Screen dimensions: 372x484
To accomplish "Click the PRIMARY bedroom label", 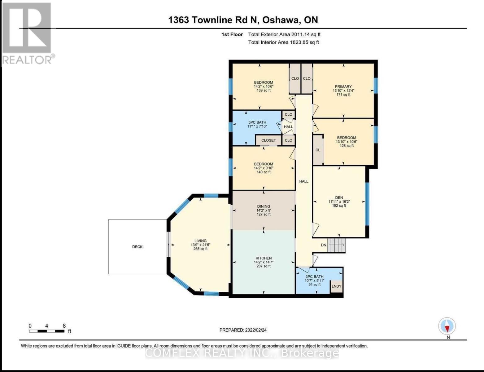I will tap(343, 86).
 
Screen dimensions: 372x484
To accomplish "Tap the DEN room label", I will tap(339, 197).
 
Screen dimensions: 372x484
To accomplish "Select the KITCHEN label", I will tap(264, 258).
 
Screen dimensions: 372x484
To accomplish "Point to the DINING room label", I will tap(264, 206).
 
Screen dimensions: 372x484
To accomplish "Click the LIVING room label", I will tap(200, 241).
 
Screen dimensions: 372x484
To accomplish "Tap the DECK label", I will tap(137, 247).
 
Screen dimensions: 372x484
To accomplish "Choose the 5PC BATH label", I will tap(257, 122).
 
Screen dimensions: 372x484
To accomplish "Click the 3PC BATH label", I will tap(314, 277).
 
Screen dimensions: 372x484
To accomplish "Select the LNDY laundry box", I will tap(336, 286).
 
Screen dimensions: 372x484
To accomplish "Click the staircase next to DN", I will tap(337, 245).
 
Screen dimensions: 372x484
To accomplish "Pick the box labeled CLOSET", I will tap(268, 140).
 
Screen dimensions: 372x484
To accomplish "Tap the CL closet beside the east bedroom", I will tap(318, 150).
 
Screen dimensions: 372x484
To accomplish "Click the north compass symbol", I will tap(447, 326).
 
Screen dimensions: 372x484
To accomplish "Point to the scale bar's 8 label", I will tap(64, 326).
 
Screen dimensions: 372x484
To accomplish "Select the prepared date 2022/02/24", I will tap(255, 330).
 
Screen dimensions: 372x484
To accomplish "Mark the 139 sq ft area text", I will tap(264, 91).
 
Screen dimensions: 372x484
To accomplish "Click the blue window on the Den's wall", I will tap(367, 204).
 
